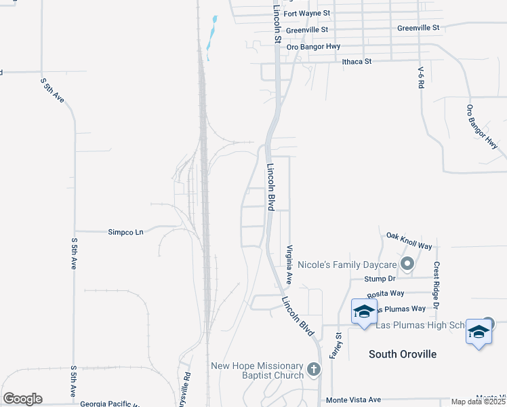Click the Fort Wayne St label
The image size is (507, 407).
(x=306, y=13)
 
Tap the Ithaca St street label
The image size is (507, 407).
(x=357, y=61)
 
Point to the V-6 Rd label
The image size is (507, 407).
(x=421, y=77)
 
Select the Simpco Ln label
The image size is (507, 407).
(x=126, y=232)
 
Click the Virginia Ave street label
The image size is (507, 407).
(x=289, y=264)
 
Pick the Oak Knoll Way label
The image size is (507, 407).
(x=409, y=239)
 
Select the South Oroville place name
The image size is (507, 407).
(x=402, y=354)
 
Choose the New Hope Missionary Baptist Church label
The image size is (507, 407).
(x=257, y=370)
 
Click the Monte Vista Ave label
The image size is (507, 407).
(x=353, y=400)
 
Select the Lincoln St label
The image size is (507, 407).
(x=277, y=26)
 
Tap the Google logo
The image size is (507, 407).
(x=22, y=399)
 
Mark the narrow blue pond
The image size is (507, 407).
(x=211, y=37)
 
